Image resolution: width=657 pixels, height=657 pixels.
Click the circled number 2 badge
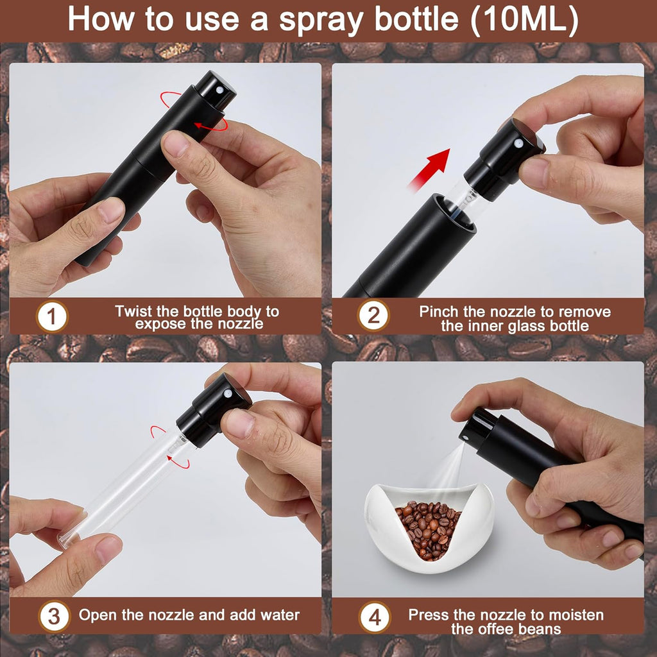coord(373,316)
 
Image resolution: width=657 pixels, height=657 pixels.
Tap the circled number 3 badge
coord(54,617)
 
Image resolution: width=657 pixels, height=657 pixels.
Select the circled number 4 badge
coord(374,617)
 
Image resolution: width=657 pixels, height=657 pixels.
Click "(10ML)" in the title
coord(524,20)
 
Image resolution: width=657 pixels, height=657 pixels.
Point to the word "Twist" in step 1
coord(133,311)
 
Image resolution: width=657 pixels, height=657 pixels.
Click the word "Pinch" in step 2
coord(440,312)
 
